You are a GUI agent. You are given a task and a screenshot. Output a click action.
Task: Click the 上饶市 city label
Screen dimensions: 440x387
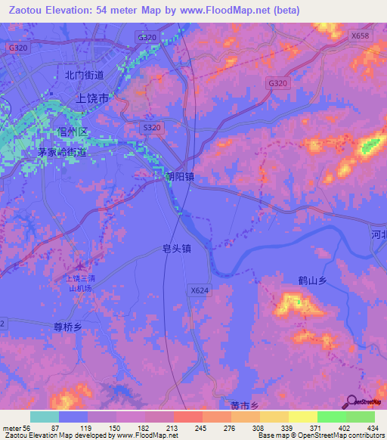[94, 98]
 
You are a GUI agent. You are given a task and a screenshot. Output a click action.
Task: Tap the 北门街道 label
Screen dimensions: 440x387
[83, 75]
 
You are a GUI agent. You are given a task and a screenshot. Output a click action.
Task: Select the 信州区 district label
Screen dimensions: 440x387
[73, 132]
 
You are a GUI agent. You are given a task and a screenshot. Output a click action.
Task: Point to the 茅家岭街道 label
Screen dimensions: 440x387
[62, 152]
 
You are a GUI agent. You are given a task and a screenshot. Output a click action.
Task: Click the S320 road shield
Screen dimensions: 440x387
[152, 128]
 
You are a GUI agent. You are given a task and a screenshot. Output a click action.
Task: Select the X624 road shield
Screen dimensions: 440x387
[199, 290]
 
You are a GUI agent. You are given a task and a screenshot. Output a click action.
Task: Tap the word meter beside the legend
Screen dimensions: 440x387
[11, 427]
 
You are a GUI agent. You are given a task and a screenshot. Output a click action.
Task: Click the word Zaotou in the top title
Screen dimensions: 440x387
[27, 11]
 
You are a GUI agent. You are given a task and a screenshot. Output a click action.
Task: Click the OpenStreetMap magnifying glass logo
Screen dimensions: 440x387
[351, 401]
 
